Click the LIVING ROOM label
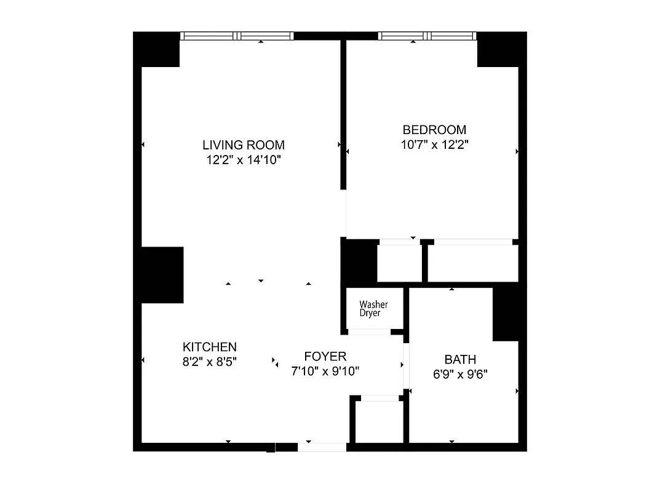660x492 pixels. click(x=244, y=145)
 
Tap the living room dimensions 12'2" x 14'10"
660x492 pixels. click(x=244, y=161)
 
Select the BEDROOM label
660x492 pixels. click(x=434, y=130)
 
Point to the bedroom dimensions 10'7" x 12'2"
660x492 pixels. click(x=434, y=145)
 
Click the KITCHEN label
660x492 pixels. click(x=209, y=347)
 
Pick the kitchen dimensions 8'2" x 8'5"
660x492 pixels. click(x=209, y=362)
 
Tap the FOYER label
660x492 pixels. click(x=325, y=356)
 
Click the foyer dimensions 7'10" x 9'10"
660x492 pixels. click(x=325, y=371)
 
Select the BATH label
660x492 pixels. click(x=460, y=359)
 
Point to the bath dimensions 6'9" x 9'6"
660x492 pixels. click(x=460, y=374)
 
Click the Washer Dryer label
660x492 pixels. click(x=373, y=309)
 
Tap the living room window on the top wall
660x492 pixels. click(x=237, y=36)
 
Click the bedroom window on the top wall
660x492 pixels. click(x=427, y=36)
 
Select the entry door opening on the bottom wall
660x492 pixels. click(x=322, y=447)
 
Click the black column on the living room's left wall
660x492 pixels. click(x=162, y=275)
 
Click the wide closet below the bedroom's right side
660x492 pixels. click(x=472, y=264)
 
